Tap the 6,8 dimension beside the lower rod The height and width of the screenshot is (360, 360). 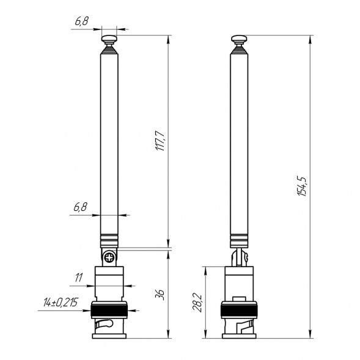click(80, 207)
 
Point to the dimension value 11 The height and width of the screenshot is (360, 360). click(78, 277)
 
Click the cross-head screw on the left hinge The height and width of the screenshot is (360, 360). click(109, 257)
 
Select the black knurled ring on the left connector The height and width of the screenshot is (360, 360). click(109, 310)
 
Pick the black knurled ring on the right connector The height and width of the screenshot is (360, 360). click(240, 310)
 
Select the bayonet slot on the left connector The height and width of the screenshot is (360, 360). click(108, 323)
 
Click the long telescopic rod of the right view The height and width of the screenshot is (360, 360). click(240, 141)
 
